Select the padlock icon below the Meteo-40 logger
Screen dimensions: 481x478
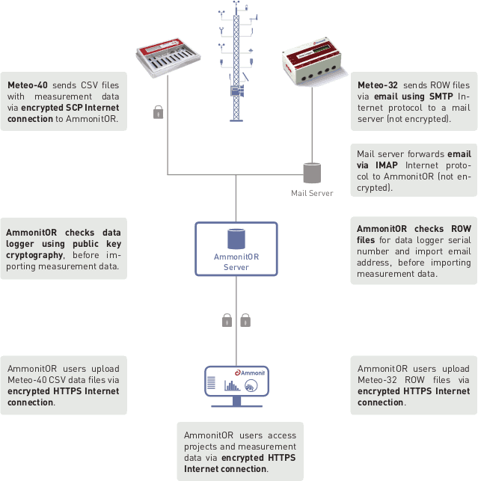click(158, 113)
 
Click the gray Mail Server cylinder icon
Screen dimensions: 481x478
click(311, 173)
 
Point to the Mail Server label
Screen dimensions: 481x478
click(312, 193)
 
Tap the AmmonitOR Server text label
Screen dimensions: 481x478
click(236, 262)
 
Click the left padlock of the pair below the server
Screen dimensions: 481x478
click(227, 320)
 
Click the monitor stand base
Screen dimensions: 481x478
click(236, 405)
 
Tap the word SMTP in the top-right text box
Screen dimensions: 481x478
click(436, 96)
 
